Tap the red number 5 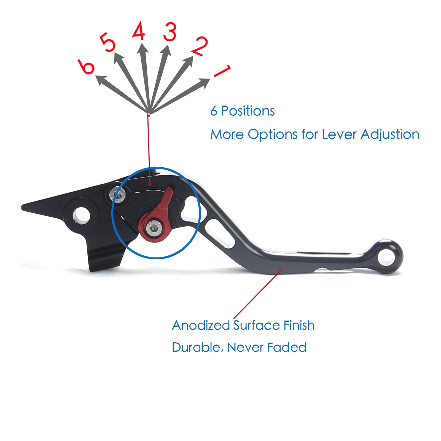tap(108, 42)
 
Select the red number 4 tap(139, 31)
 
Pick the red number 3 tap(170, 32)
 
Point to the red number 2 tap(199, 46)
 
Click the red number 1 tap(222, 71)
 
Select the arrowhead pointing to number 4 tap(142, 49)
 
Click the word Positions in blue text tap(248, 111)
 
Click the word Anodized tap(201, 326)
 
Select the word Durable tap(196, 348)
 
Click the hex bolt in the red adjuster tap(154, 228)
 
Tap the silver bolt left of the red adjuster tap(118, 195)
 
